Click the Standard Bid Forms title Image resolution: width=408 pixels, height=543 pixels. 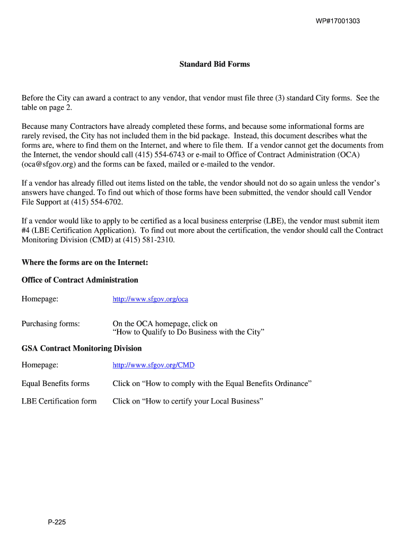click(215, 64)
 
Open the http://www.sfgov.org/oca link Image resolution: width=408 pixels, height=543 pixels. click(150, 299)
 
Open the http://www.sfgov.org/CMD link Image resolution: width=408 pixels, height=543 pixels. click(153, 365)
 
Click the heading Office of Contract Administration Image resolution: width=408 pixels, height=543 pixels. click(79, 280)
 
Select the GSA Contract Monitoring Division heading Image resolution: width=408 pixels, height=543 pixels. click(82, 348)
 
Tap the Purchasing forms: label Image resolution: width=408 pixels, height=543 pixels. click(50, 323)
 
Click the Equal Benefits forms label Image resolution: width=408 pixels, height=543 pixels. click(55, 383)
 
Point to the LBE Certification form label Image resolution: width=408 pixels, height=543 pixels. click(59, 401)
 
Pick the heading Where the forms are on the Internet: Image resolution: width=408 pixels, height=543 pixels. click(85, 262)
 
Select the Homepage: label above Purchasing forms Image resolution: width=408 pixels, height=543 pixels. click(40, 299)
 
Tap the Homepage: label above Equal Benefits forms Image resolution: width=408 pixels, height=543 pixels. click(40, 365)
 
